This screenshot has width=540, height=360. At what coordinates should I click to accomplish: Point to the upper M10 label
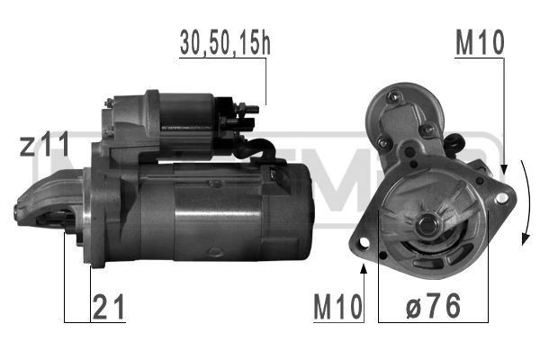click(x=480, y=43)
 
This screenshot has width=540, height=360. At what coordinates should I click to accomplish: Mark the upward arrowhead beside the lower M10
click(x=364, y=267)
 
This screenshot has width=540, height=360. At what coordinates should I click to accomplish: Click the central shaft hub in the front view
click(x=425, y=219)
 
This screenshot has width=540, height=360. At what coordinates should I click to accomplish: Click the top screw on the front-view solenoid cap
click(x=394, y=94)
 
